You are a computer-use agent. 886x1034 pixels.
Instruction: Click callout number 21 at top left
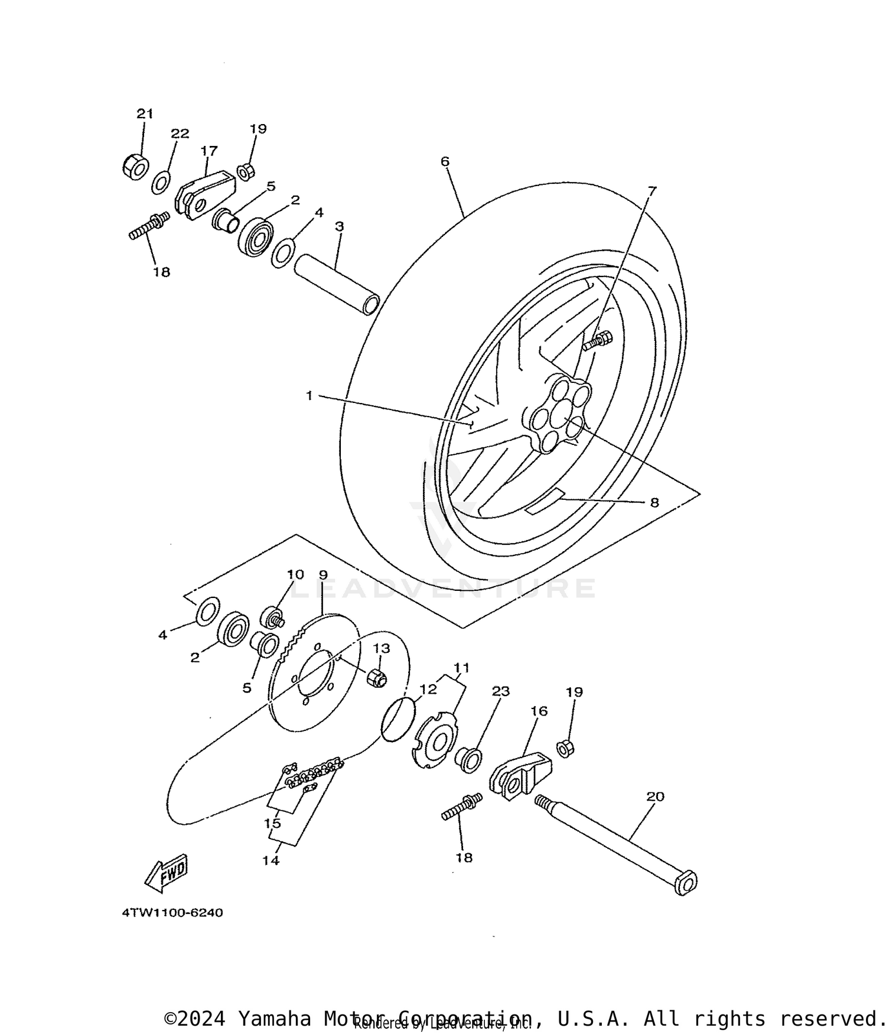coord(145,113)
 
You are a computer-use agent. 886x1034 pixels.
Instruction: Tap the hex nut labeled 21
coord(135,167)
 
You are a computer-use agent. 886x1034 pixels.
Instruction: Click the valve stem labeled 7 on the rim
coord(598,341)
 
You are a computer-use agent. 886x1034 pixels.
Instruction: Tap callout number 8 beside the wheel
coord(654,503)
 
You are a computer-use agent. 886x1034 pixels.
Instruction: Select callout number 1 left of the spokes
coord(309,396)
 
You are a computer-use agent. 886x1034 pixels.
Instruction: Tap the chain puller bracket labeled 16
coord(520,774)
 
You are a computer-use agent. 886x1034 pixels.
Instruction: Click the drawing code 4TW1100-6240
coord(172,913)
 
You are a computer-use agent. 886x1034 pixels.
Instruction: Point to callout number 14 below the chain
coord(271,861)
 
